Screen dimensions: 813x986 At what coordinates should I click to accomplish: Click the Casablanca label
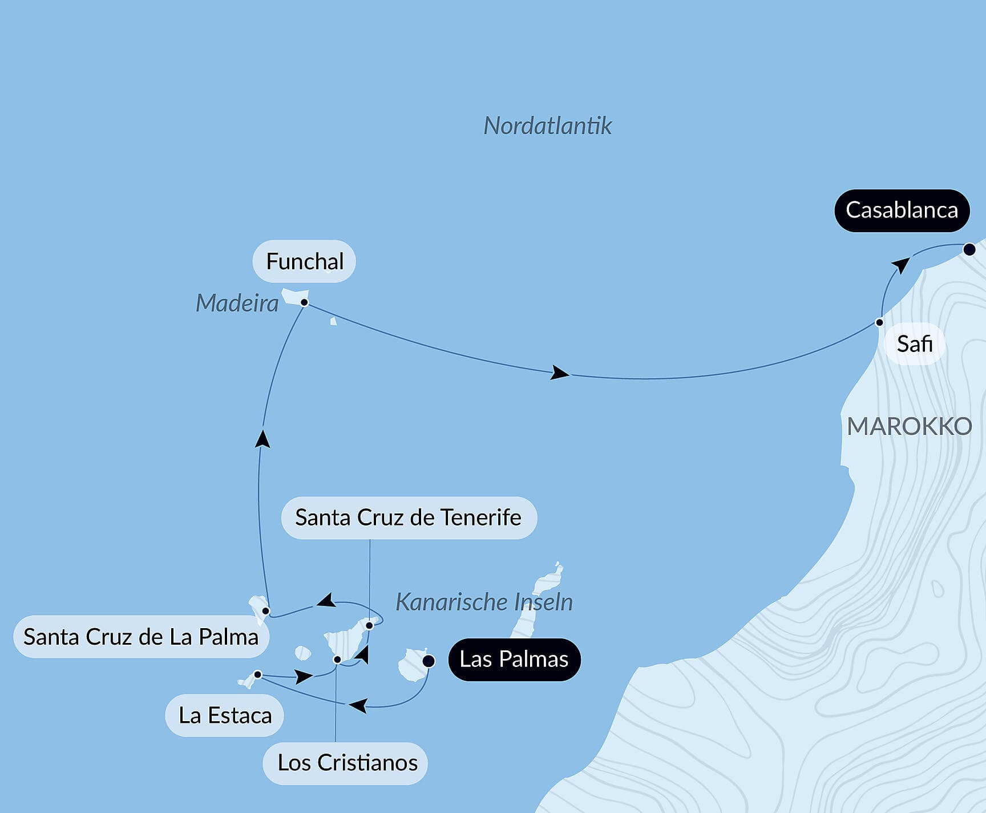pyautogui.click(x=902, y=211)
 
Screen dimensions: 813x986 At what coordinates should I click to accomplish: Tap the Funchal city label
pyautogui.click(x=305, y=262)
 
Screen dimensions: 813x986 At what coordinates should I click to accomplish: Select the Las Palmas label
pyautogui.click(x=514, y=660)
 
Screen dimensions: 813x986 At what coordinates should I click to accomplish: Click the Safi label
pyautogui.click(x=914, y=344)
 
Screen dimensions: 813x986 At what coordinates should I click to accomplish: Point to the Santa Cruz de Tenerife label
pyautogui.click(x=408, y=518)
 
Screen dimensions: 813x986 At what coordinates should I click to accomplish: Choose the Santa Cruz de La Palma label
pyautogui.click(x=141, y=637)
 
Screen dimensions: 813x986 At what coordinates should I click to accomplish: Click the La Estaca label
pyautogui.click(x=225, y=715)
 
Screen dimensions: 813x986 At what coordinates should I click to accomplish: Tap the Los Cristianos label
pyautogui.click(x=347, y=763)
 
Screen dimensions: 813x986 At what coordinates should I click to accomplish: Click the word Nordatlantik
pyautogui.click(x=547, y=126)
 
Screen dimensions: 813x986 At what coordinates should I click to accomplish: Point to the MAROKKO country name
pyautogui.click(x=909, y=426)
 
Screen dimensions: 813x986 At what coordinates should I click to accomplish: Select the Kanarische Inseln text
pyautogui.click(x=484, y=602)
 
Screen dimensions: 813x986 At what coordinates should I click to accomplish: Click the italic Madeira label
pyautogui.click(x=237, y=304)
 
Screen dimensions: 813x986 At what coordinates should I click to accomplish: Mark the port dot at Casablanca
pyautogui.click(x=969, y=249)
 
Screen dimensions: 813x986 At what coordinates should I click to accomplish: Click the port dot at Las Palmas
pyautogui.click(x=429, y=661)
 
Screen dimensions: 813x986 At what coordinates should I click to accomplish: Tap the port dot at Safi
pyautogui.click(x=879, y=322)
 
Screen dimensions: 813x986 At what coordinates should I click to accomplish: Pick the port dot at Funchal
pyautogui.click(x=305, y=302)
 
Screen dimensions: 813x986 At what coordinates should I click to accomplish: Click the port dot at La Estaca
pyautogui.click(x=258, y=675)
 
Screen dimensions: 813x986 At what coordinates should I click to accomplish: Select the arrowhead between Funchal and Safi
pyautogui.click(x=559, y=373)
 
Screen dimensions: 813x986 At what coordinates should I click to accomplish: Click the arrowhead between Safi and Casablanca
pyautogui.click(x=900, y=266)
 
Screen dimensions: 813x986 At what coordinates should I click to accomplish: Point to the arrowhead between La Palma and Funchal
pyautogui.click(x=262, y=439)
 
